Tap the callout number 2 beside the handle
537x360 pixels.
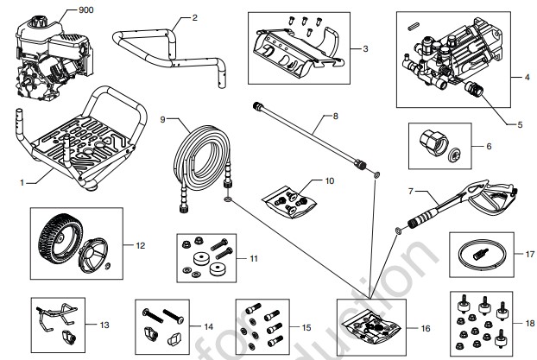194,17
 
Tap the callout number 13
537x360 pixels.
104,325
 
